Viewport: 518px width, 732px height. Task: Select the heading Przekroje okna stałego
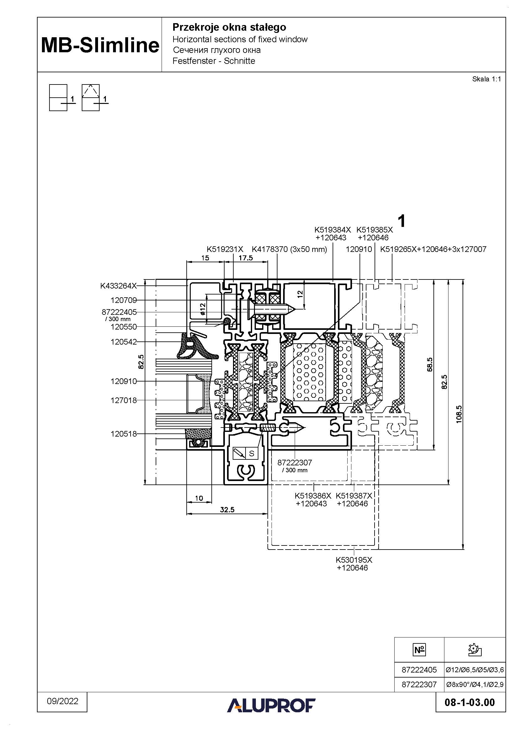(229, 28)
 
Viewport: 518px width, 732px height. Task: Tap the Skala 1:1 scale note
(486, 79)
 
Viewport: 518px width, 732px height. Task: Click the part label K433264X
(118, 286)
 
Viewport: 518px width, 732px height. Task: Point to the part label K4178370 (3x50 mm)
(289, 249)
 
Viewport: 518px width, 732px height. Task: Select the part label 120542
(123, 342)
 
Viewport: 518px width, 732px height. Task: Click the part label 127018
(123, 401)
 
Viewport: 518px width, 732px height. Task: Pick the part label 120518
(123, 434)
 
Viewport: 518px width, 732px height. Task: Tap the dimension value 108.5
(459, 414)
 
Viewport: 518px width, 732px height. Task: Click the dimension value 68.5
(430, 364)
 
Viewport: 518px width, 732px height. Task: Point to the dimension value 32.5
(227, 510)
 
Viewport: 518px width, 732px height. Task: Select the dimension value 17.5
(246, 258)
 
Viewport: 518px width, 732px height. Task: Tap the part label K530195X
(354, 560)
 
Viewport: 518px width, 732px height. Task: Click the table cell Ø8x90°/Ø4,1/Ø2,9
(474, 684)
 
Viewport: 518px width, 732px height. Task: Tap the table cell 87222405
(419, 670)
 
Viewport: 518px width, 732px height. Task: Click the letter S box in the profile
(252, 453)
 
